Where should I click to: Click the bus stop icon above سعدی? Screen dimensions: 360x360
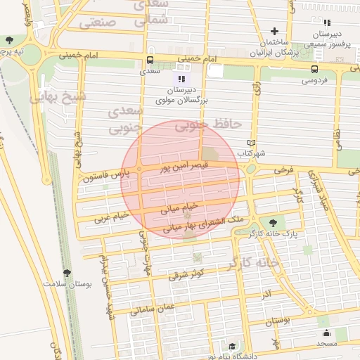(x=149, y=60)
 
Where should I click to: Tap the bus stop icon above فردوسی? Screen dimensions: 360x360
(x=314, y=69)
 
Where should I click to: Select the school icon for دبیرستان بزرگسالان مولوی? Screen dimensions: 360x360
(x=181, y=79)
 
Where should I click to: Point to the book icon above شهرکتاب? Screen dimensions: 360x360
(x=251, y=143)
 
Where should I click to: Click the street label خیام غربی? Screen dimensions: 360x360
(x=112, y=216)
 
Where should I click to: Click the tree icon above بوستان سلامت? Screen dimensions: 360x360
(x=67, y=272)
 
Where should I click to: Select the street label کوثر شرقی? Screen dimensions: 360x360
(x=186, y=273)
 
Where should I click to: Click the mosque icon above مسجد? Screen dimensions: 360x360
(x=326, y=333)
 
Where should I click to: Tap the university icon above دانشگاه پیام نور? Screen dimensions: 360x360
(x=232, y=345)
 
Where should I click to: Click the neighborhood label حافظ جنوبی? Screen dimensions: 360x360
(x=217, y=124)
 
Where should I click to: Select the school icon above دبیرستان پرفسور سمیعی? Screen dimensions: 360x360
(x=326, y=22)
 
